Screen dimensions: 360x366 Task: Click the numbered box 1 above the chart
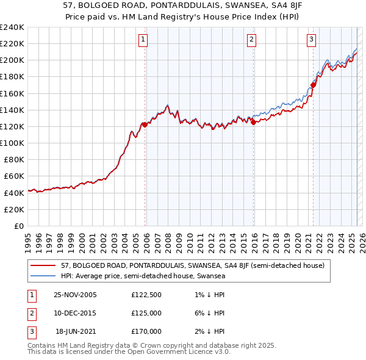(143, 40)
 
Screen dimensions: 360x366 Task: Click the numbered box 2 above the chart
(251, 40)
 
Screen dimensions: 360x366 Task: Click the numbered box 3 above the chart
(311, 40)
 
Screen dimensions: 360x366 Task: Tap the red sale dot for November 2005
(145, 124)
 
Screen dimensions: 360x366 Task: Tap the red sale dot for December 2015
(253, 122)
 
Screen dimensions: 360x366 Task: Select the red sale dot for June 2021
(313, 85)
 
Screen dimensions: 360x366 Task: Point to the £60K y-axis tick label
(14, 176)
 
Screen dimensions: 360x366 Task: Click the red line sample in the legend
(43, 265)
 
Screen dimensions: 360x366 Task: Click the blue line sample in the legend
(43, 276)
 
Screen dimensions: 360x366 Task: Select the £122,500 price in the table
(146, 295)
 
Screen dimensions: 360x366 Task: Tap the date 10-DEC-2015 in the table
(76, 313)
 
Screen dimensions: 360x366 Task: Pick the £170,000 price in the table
(146, 331)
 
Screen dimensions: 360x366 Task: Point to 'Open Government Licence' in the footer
(171, 352)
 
